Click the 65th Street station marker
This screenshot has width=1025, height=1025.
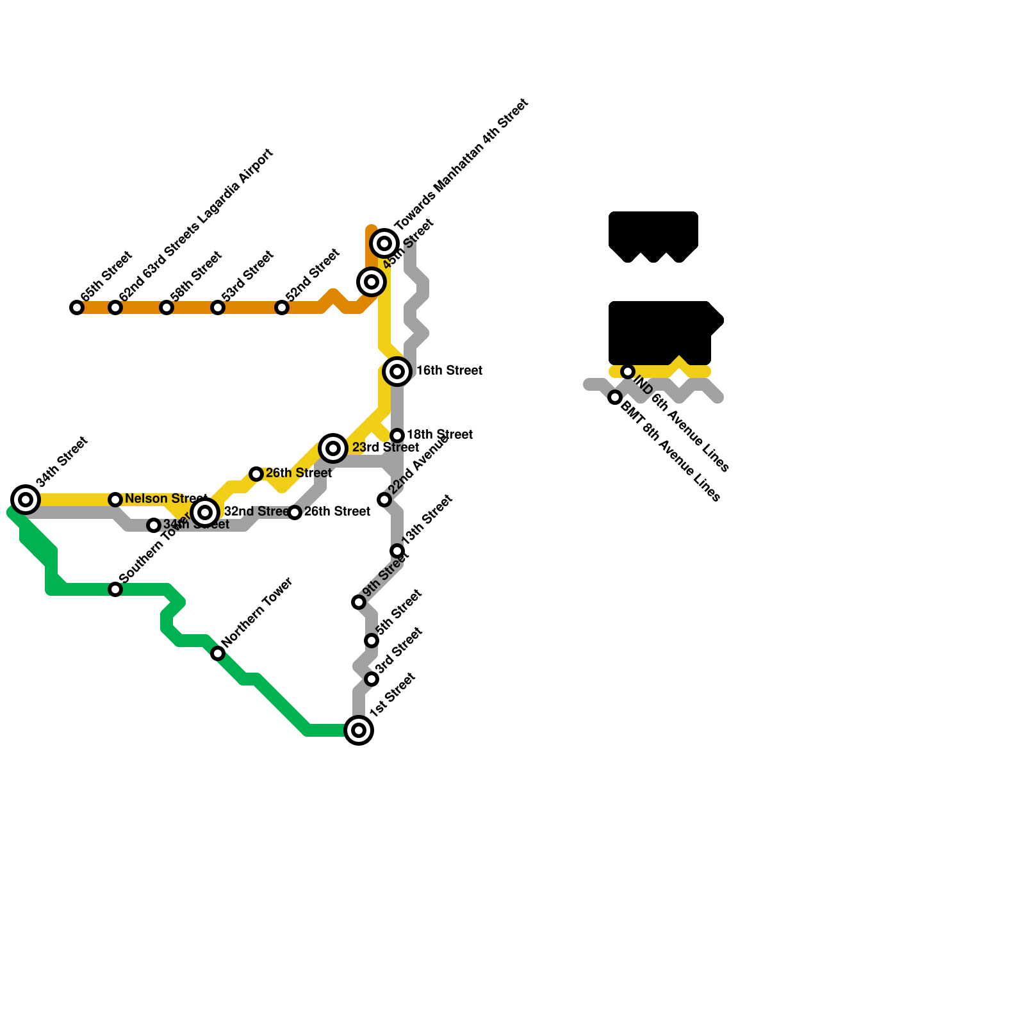click(77, 307)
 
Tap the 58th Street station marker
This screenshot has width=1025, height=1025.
click(167, 307)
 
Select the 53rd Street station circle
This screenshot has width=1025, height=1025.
click(218, 307)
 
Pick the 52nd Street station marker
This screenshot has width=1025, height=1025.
click(282, 307)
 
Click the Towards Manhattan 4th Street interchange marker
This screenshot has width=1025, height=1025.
click(384, 243)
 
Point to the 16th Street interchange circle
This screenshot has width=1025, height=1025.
click(397, 372)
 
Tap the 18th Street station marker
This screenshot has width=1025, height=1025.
click(397, 436)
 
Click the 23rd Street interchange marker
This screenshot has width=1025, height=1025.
click(333, 448)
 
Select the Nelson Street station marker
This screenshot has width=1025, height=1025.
click(115, 500)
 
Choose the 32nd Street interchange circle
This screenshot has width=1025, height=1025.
click(205, 512)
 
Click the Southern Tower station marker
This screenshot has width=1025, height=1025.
click(115, 589)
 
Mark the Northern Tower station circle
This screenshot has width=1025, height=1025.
click(218, 653)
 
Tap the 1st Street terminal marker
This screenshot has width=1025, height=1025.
click(359, 730)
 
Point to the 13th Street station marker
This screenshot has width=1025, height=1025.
click(397, 551)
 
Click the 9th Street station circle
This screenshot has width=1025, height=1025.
click(359, 602)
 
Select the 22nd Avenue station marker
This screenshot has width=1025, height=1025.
click(384, 500)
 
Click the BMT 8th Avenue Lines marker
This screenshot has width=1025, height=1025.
click(615, 397)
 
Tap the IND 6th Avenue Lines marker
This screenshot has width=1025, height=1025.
click(628, 372)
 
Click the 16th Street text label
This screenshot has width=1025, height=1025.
click(449, 370)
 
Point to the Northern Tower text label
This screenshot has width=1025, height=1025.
click(258, 611)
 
